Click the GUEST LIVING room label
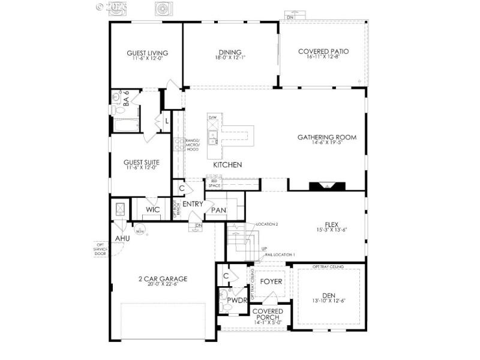147,53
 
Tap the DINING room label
230,52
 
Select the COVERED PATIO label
323,52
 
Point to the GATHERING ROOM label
327,137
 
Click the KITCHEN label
227,164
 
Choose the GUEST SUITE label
141,162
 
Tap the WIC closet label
152,210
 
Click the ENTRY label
193,204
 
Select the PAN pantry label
219,211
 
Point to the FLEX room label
332,224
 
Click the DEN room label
329,295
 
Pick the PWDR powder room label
238,300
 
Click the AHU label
122,239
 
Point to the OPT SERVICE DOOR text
100,248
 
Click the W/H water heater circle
139,230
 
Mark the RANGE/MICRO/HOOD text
192,145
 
